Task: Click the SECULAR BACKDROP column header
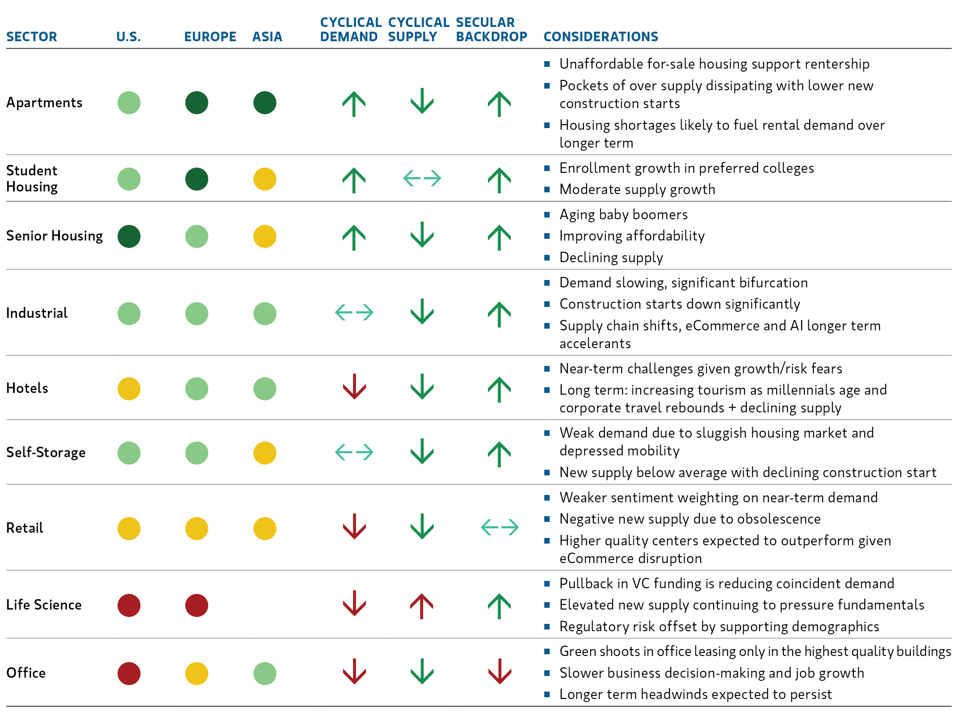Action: coord(491,29)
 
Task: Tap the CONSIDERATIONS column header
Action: coord(600,36)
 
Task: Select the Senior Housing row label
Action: coord(54,236)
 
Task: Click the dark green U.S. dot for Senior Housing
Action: coord(129,236)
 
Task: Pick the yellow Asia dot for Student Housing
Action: coord(264,179)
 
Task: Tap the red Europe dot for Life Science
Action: coord(197,605)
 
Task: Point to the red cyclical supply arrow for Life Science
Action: coord(422,605)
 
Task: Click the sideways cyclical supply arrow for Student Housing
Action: coord(422,178)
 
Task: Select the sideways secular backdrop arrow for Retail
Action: coord(500,527)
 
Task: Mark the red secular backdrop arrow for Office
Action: coord(500,671)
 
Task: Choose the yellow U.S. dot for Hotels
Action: coord(129,389)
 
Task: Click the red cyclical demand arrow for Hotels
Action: coord(354,386)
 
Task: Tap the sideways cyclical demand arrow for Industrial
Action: coord(354,312)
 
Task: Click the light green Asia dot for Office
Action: coord(264,673)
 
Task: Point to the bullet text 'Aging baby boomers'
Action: coord(623,214)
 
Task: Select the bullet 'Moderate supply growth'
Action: coord(637,189)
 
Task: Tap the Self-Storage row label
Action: coord(46,452)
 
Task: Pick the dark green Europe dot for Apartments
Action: coord(197,103)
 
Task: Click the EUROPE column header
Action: coord(210,36)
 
